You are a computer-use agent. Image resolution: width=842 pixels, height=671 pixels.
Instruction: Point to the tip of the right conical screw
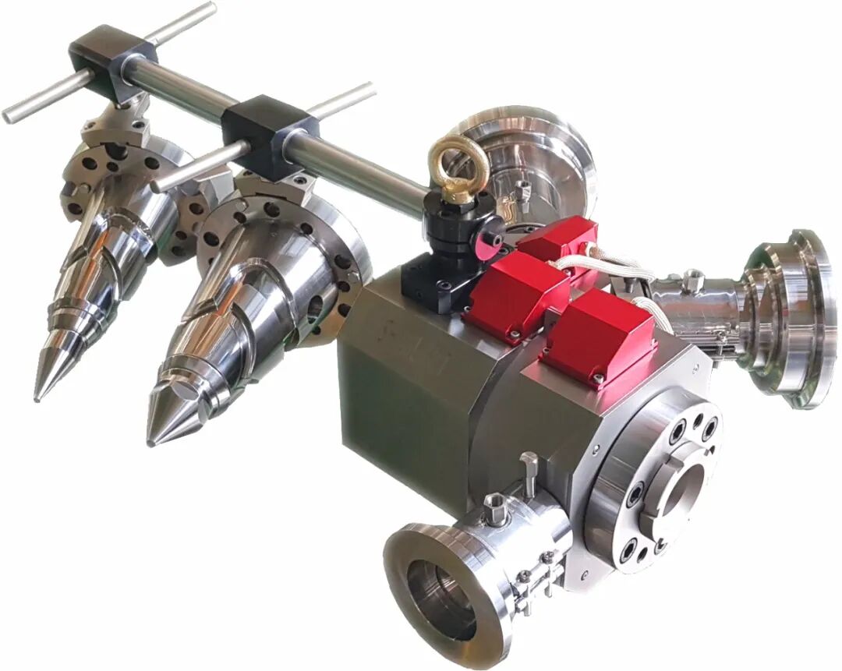pyautogui.click(x=150, y=442)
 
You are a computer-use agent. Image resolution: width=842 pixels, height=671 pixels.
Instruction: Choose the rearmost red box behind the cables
pyautogui.click(x=557, y=238)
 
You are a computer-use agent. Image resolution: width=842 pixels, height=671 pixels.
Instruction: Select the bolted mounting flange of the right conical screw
pyautogui.click(x=312, y=257)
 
